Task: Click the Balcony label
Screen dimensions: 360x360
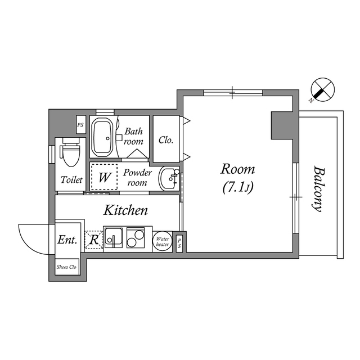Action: (x=318, y=188)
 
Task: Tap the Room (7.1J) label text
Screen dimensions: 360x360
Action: (x=237, y=178)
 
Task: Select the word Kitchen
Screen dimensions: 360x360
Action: (x=125, y=210)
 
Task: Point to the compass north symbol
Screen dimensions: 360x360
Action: (x=322, y=90)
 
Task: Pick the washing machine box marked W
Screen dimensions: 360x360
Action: (x=105, y=178)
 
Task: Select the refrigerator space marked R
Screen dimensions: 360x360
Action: (x=94, y=240)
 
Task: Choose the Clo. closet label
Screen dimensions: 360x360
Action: (x=166, y=140)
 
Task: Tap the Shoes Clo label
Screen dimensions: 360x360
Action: (x=67, y=267)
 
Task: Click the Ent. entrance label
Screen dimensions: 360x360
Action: (x=66, y=240)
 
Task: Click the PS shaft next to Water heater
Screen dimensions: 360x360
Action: (x=179, y=242)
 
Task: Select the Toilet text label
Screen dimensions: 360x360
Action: (x=71, y=180)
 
